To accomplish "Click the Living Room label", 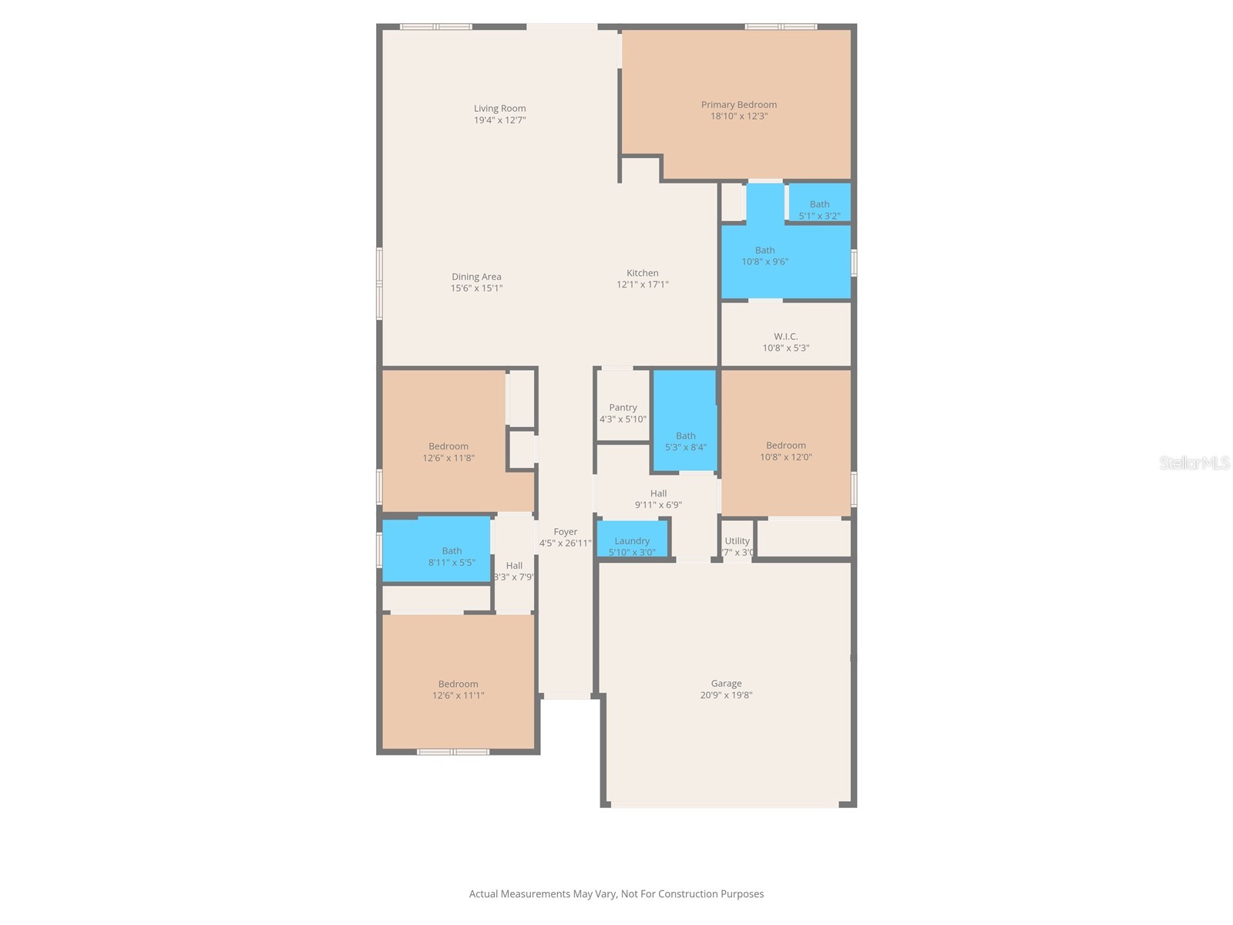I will pos(499,109).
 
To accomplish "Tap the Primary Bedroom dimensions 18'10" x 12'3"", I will pos(738,116).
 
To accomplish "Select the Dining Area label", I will pos(476,277).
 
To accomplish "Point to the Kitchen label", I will pos(642,273).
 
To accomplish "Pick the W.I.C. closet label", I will pos(785,337).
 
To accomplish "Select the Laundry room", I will pos(632,541).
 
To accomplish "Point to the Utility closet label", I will pos(737,541).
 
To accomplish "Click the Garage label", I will pos(726,684).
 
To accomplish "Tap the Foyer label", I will pos(565,532).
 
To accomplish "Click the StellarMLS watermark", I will pos(1194,462).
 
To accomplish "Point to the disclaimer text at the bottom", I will pos(616,894).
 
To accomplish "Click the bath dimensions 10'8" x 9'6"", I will pos(764,261).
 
